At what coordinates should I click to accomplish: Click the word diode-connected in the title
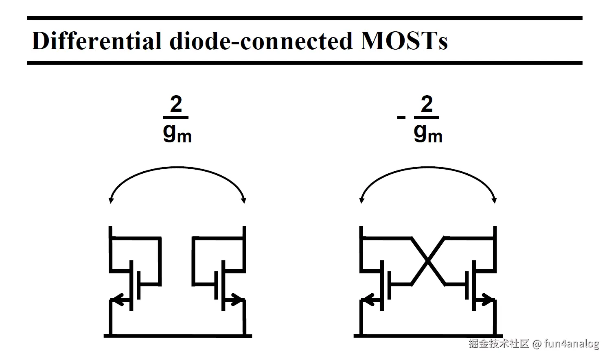click(x=261, y=41)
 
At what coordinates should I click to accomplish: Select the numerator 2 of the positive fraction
click(x=176, y=105)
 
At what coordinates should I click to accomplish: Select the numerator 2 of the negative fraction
click(x=427, y=105)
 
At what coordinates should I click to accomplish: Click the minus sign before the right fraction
click(x=401, y=118)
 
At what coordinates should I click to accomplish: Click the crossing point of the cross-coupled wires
click(x=427, y=261)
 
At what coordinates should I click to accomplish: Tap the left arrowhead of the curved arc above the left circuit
click(x=110, y=200)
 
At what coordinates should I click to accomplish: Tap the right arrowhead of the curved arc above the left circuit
click(x=244, y=200)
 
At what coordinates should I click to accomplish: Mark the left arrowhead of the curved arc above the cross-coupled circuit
click(x=361, y=200)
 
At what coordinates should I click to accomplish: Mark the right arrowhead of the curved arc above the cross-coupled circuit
click(x=495, y=200)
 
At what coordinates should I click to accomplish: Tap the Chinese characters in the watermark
click(x=499, y=344)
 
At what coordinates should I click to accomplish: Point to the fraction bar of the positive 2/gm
click(x=176, y=117)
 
